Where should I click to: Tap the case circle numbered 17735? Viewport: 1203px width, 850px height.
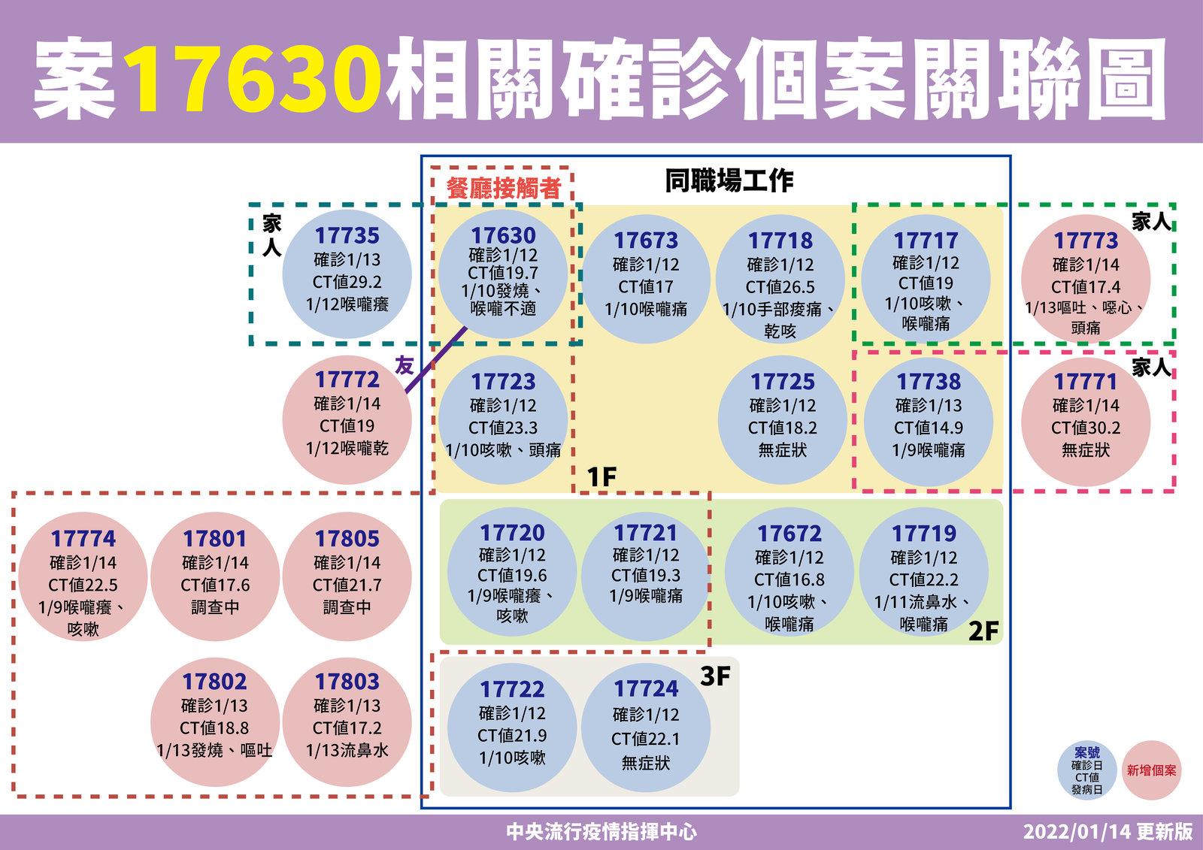tap(347, 274)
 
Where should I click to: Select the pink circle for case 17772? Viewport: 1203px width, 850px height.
tap(347, 420)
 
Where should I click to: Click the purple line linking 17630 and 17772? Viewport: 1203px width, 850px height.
tap(435, 360)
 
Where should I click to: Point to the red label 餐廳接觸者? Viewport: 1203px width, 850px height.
tap(504, 189)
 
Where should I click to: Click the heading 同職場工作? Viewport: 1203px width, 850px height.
tap(729, 180)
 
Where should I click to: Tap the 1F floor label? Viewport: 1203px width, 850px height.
tap(601, 476)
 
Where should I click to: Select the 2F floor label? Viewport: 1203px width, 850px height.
tap(983, 631)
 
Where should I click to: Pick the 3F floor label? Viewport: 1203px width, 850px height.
tap(715, 676)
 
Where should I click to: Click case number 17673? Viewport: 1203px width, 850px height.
tap(646, 240)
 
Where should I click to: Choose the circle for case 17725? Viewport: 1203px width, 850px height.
tap(783, 420)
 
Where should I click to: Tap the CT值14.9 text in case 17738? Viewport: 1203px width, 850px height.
tap(929, 428)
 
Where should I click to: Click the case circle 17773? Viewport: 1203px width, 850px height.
tap(1086, 280)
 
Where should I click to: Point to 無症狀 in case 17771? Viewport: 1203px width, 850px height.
tap(1086, 450)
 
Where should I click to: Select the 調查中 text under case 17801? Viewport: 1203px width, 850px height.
tap(215, 607)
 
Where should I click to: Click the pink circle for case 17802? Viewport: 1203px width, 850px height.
tap(215, 722)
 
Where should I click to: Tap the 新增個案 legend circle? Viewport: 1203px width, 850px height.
tap(1151, 770)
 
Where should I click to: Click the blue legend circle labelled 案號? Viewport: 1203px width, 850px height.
tap(1087, 770)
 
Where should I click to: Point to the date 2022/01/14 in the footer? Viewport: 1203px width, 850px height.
tap(1077, 832)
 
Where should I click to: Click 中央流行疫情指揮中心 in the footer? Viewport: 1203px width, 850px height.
tap(601, 832)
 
